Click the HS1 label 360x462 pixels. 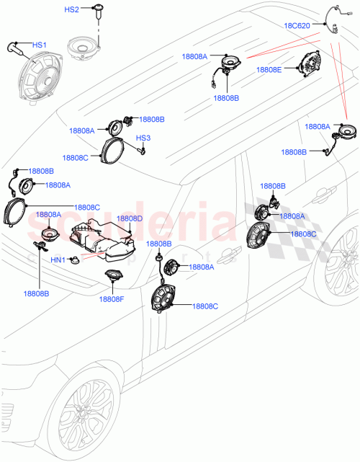click(x=38, y=45)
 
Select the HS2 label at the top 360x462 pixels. click(x=72, y=10)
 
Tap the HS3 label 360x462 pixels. click(x=143, y=138)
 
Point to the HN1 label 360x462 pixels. click(x=58, y=259)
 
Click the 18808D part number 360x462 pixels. click(x=130, y=218)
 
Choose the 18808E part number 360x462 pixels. click(x=271, y=71)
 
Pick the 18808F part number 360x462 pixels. click(x=112, y=298)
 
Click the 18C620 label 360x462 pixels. click(x=298, y=25)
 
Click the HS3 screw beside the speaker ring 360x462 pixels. click(x=143, y=151)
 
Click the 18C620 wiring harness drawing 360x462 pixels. click(x=332, y=19)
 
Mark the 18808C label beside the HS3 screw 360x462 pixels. click(x=76, y=157)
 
